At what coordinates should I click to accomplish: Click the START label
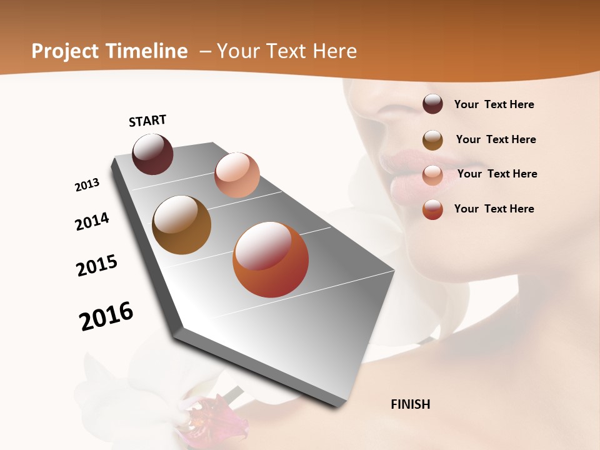[147, 121]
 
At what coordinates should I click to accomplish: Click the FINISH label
[411, 404]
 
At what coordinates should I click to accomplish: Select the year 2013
[87, 185]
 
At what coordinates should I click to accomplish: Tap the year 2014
[92, 221]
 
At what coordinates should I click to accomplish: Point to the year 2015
[97, 266]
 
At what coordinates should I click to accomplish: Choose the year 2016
[106, 316]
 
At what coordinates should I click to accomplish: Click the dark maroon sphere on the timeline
[152, 154]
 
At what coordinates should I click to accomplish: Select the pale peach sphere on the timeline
[237, 175]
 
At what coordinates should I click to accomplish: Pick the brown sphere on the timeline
[181, 225]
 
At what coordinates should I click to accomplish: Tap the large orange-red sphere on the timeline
[271, 259]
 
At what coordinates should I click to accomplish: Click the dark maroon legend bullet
[432, 104]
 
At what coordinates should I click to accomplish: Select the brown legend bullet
[432, 140]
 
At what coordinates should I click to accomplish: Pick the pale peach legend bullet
[432, 175]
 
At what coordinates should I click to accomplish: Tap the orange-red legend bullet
[432, 209]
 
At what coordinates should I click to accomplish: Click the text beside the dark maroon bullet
[494, 104]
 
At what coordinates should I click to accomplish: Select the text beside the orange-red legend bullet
[494, 209]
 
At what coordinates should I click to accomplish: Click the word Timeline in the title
[146, 51]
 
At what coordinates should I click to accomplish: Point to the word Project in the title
[65, 51]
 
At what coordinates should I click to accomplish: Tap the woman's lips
[412, 166]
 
